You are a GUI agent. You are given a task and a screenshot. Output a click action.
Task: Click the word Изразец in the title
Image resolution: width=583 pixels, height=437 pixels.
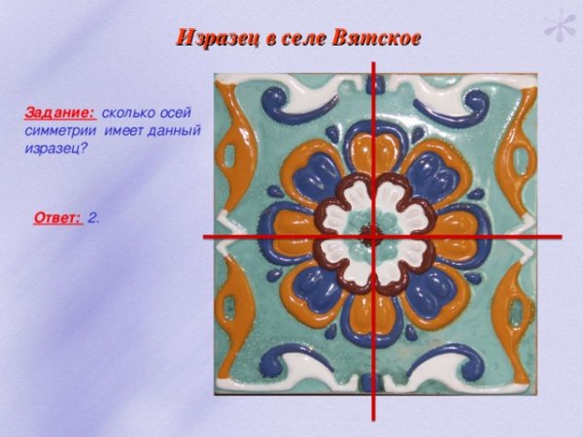click(212, 38)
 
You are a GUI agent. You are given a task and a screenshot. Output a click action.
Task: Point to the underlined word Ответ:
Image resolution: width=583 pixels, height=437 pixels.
click(57, 218)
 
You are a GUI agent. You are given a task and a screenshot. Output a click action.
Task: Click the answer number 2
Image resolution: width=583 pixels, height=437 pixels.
click(92, 218)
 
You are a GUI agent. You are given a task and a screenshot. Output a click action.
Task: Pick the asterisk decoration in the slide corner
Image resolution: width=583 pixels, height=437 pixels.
click(558, 26)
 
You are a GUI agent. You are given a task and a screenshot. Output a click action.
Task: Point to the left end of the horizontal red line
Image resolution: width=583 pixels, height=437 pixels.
click(205, 236)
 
